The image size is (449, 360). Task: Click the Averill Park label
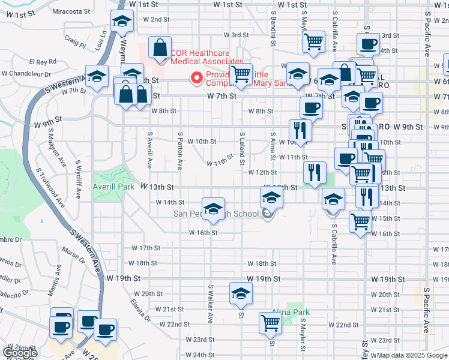(x=112, y=187)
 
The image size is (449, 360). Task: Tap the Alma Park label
(x=291, y=312)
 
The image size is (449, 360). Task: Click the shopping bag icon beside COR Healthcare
(x=160, y=49)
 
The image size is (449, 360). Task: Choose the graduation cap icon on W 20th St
(x=241, y=293)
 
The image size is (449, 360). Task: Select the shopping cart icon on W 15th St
(x=360, y=223)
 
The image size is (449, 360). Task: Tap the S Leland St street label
(x=242, y=149)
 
